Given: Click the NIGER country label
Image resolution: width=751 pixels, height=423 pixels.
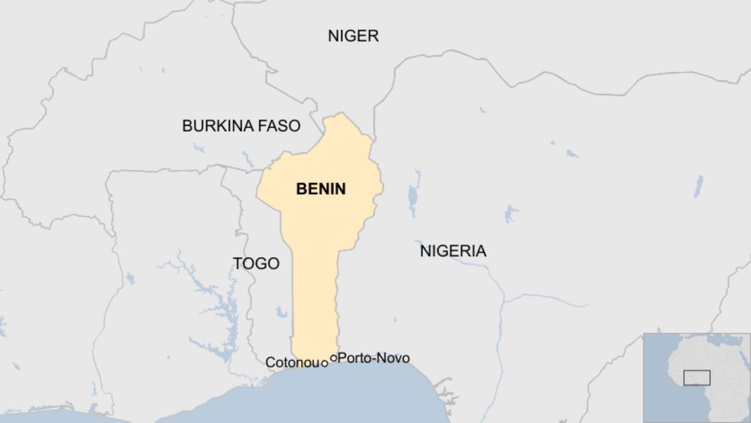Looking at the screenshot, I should pyautogui.click(x=353, y=36).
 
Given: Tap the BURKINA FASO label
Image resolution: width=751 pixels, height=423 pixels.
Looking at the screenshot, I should pyautogui.click(x=241, y=126).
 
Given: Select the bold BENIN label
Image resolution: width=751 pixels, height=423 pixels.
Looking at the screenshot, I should pyautogui.click(x=321, y=189).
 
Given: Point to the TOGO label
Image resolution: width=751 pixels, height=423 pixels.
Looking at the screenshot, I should pyautogui.click(x=256, y=264).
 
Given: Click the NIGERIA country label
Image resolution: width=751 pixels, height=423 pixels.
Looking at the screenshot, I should pyautogui.click(x=453, y=251).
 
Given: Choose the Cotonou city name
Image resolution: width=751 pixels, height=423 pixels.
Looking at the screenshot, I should pyautogui.click(x=293, y=363).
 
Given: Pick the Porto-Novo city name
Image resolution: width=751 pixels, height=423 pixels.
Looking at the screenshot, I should pyautogui.click(x=374, y=358).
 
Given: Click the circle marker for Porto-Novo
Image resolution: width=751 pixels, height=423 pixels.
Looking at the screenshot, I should pyautogui.click(x=334, y=358).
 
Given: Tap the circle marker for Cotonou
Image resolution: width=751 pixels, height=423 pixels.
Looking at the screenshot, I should pyautogui.click(x=324, y=364).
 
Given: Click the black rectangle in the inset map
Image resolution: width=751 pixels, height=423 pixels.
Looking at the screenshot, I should pyautogui.click(x=697, y=378).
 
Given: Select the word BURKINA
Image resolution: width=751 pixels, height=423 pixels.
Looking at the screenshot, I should pyautogui.click(x=219, y=126).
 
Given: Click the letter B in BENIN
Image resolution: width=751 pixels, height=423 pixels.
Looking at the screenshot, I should pyautogui.click(x=301, y=189).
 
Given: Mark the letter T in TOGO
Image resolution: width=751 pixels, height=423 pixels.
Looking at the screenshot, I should pyautogui.click(x=237, y=264).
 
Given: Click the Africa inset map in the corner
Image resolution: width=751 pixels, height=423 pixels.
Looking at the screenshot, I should pyautogui.click(x=696, y=377).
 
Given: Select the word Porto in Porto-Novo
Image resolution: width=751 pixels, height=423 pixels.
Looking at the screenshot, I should pyautogui.click(x=352, y=358).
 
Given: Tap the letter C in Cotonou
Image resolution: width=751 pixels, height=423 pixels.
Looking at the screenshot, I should pyautogui.click(x=270, y=363).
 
